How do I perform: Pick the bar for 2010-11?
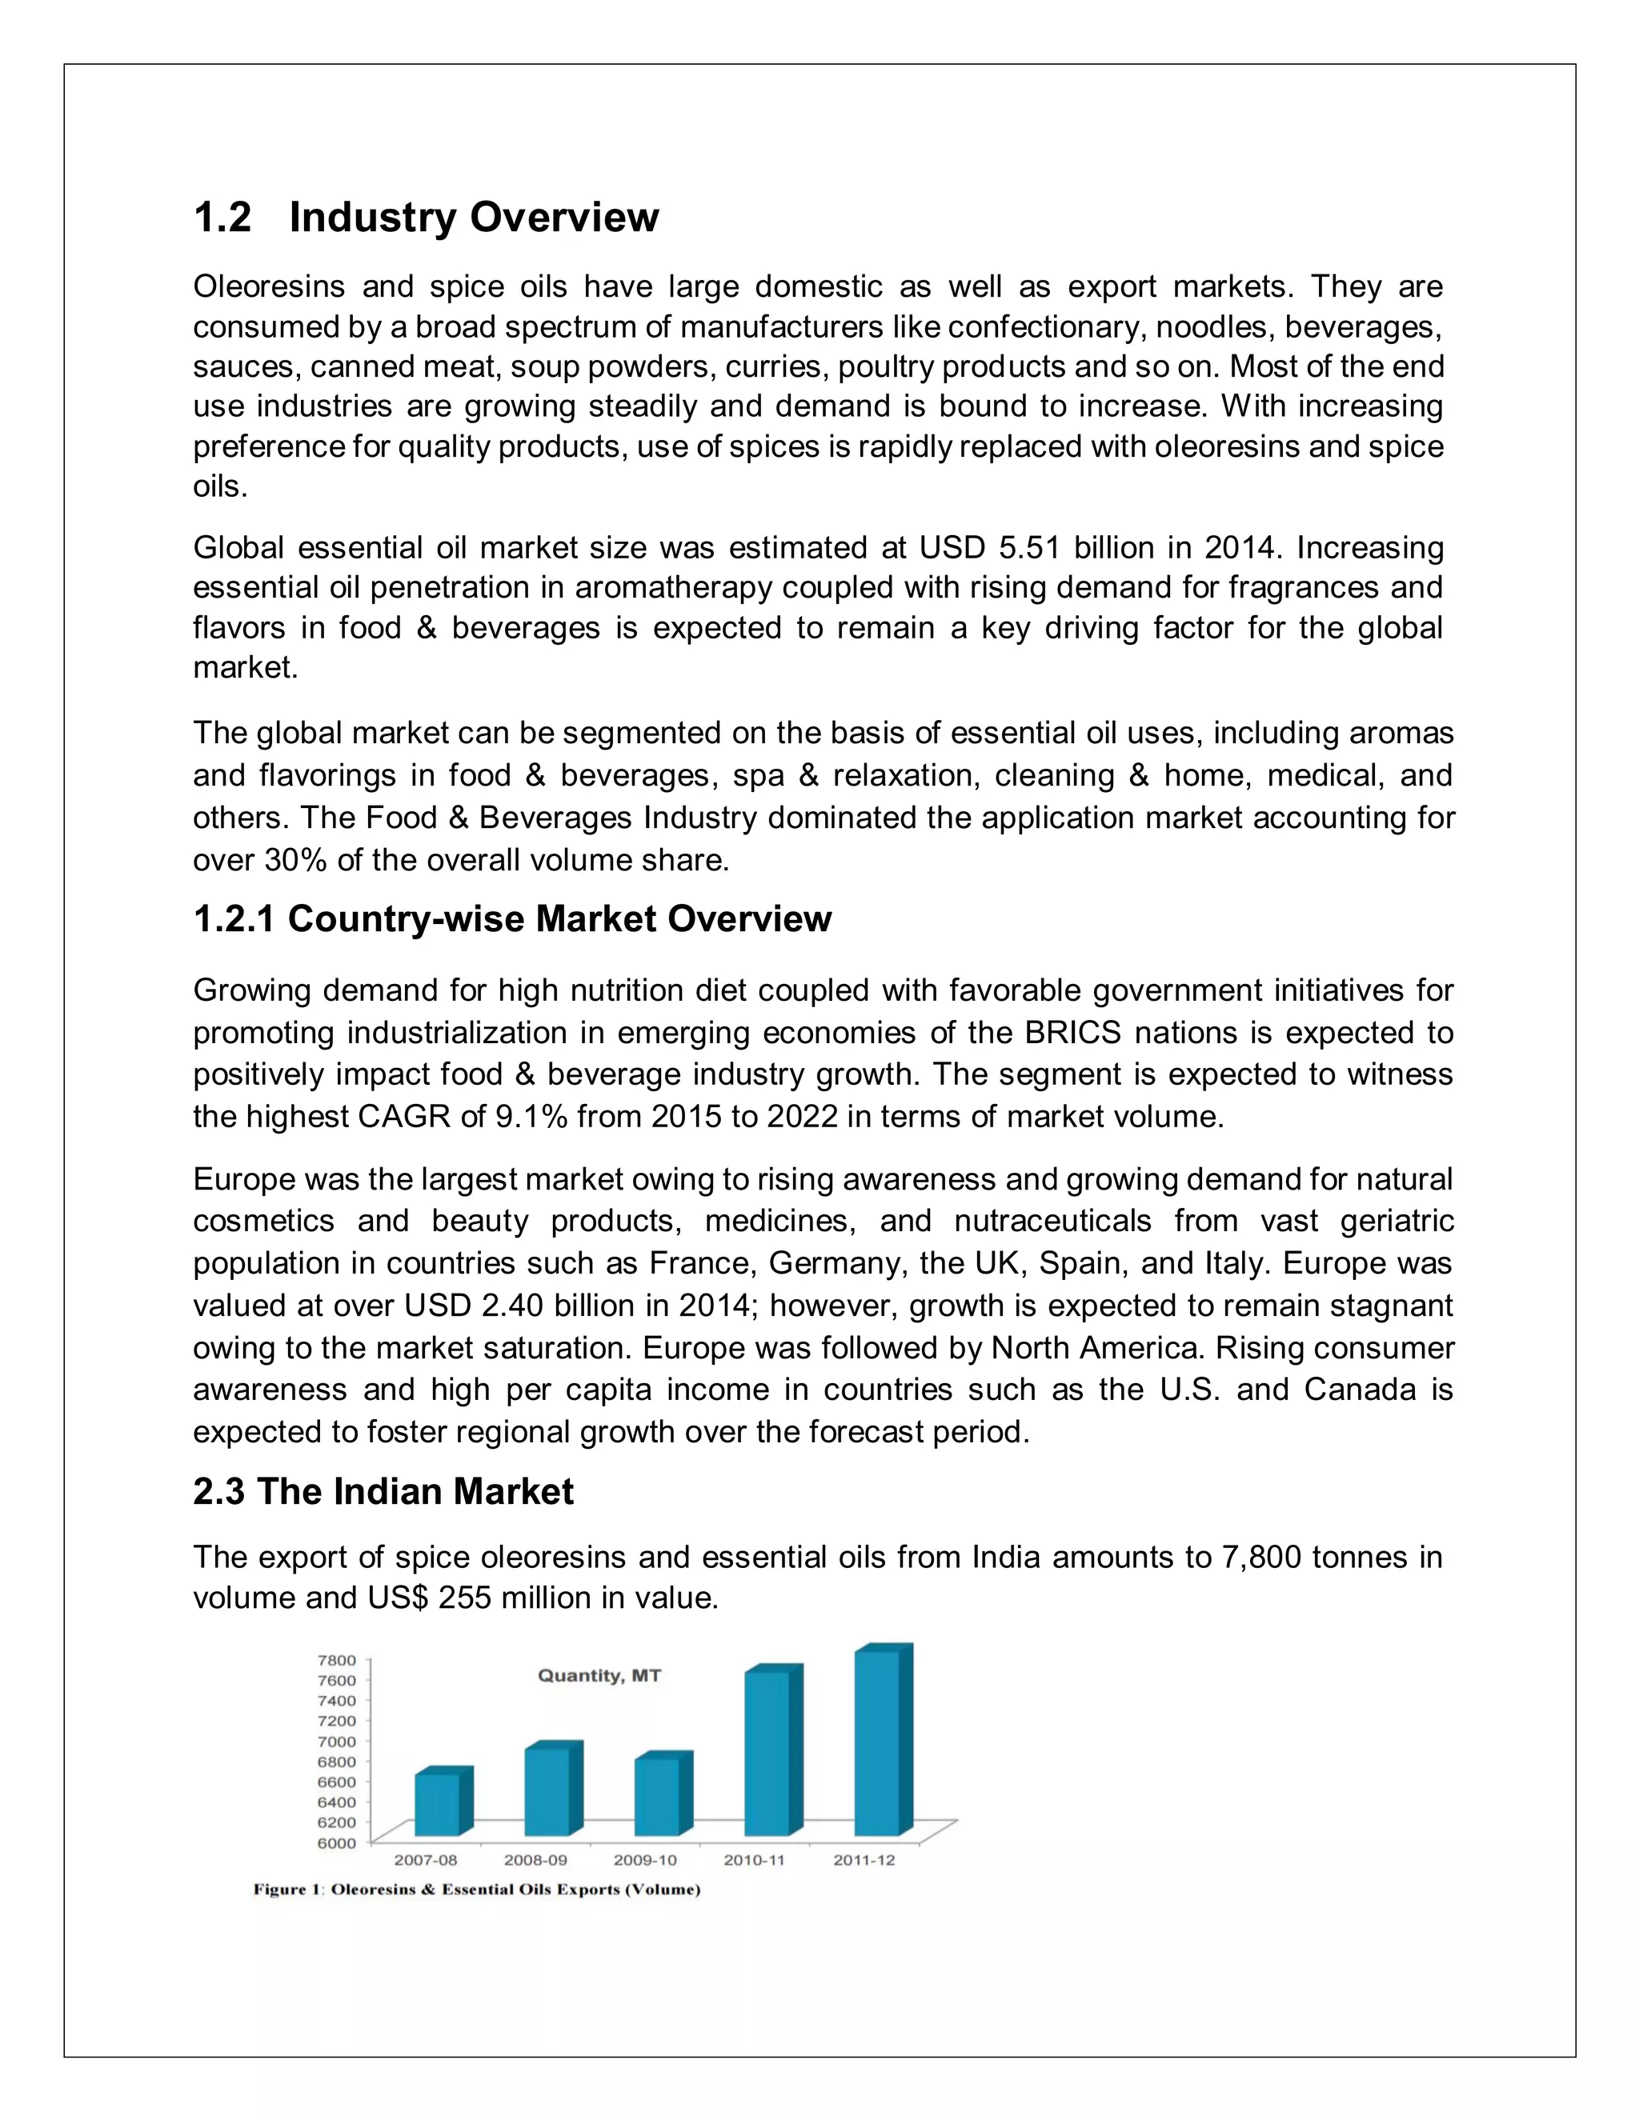point(767,1753)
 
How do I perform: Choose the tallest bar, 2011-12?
point(877,1743)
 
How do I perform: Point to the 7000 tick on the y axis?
point(336,1742)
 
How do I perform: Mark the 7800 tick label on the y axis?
point(336,1660)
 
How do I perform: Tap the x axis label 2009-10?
point(645,1860)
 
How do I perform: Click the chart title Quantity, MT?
point(599,1675)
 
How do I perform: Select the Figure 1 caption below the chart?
point(477,1889)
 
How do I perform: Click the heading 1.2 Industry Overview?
point(425,217)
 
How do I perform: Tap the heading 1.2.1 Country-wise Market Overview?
point(511,918)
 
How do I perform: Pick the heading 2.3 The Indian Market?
point(383,1491)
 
